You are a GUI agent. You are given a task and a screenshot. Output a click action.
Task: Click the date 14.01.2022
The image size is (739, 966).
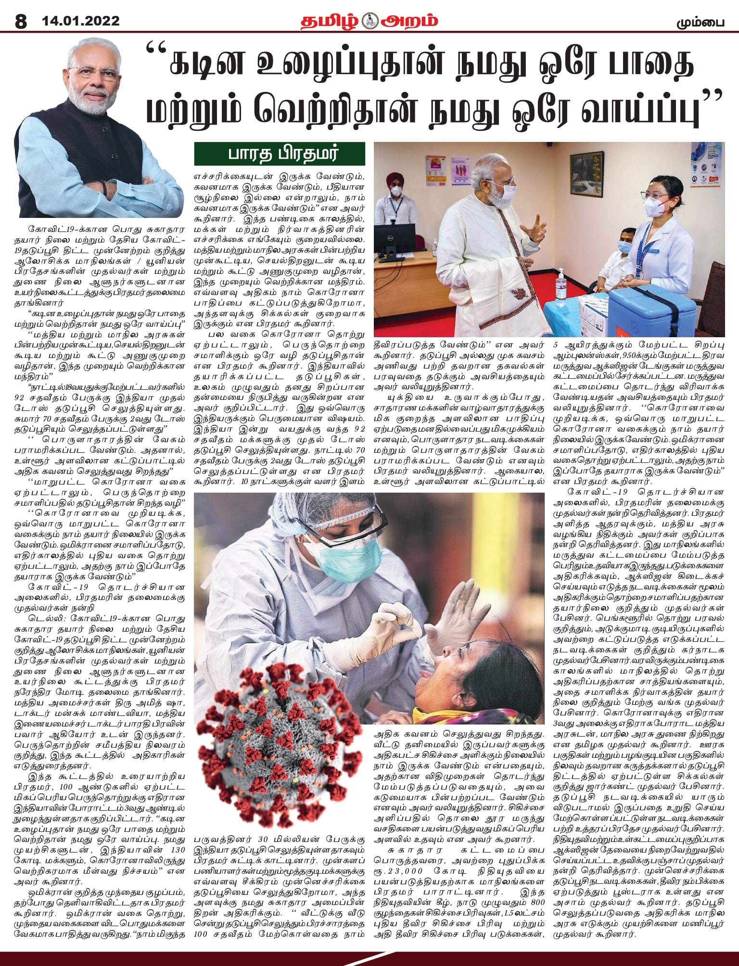81,22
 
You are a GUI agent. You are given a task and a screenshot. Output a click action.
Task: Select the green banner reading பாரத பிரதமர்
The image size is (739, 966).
279,154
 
